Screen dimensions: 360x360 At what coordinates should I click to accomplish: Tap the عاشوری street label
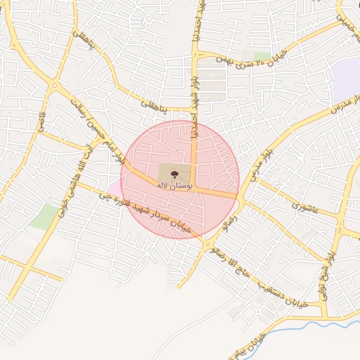coord(307,207)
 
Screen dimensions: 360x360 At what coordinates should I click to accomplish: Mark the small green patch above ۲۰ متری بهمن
coord(262,56)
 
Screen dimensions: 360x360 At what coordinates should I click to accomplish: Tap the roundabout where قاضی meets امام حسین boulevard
coord(54,86)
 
